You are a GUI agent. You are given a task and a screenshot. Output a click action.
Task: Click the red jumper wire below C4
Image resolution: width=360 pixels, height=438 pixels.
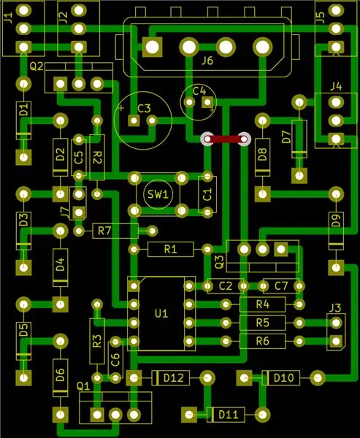(x=226, y=139)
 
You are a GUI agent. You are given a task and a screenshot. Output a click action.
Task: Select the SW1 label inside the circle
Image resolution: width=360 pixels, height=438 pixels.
(x=158, y=194)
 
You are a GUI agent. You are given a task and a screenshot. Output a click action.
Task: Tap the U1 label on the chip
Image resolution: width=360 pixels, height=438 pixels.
(x=161, y=314)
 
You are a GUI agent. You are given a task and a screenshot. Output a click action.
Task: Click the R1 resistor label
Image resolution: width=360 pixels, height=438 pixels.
(x=170, y=249)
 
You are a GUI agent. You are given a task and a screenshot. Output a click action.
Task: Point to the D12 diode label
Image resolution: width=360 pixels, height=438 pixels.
(x=174, y=378)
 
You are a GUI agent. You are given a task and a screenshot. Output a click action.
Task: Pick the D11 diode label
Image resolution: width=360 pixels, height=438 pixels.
(x=229, y=415)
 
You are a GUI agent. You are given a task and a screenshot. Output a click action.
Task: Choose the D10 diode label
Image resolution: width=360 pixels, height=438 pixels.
(x=284, y=378)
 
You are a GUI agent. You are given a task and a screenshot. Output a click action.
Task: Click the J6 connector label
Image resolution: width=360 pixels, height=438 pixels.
(x=207, y=61)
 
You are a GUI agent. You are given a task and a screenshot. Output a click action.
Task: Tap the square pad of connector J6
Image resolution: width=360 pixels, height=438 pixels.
(x=153, y=47)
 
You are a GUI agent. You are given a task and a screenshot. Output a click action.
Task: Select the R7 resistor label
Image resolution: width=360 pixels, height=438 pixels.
(x=104, y=231)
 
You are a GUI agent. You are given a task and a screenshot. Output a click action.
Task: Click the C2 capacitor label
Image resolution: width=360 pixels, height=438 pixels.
(x=226, y=286)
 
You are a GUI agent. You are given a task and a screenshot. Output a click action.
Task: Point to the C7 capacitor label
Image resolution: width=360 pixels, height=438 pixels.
(x=281, y=286)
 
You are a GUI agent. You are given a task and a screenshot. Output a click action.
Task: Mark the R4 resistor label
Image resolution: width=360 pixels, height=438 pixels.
(x=262, y=304)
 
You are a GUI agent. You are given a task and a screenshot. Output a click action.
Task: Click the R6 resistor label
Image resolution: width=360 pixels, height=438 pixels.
(x=262, y=341)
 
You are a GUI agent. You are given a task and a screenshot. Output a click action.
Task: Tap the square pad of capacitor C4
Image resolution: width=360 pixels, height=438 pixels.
(x=207, y=102)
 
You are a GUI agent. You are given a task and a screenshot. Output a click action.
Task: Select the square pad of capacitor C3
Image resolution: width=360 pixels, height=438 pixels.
(x=134, y=120)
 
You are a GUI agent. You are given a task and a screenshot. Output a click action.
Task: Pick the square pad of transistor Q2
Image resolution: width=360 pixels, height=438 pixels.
(x=61, y=84)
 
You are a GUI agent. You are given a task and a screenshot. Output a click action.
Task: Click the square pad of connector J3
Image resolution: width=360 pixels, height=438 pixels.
(x=336, y=341)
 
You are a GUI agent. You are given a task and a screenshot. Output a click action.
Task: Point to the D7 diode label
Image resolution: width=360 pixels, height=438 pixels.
(x=287, y=137)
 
